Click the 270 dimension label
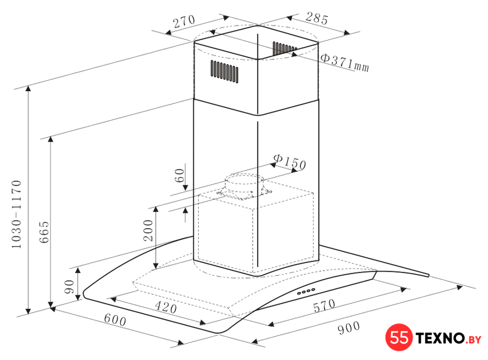[184, 21]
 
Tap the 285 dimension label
[317, 19]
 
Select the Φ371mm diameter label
[345, 63]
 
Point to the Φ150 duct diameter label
[290, 162]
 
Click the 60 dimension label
[180, 176]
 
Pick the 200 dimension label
[148, 231]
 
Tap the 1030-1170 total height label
[16, 214]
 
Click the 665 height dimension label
[44, 232]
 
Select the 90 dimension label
[69, 286]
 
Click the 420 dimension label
[166, 307]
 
